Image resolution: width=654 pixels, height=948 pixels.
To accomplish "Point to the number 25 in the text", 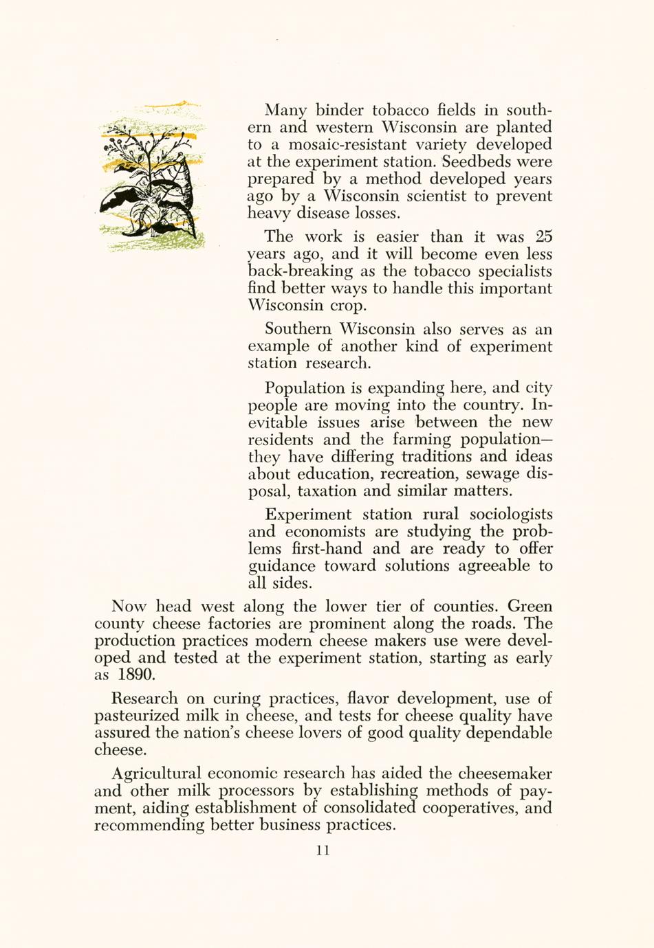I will tap(543, 236).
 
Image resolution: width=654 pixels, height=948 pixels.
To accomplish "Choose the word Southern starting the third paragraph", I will tap(298, 329).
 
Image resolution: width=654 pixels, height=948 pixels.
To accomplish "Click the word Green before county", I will tap(530, 607).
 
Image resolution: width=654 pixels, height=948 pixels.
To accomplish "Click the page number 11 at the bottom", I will tap(323, 850).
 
